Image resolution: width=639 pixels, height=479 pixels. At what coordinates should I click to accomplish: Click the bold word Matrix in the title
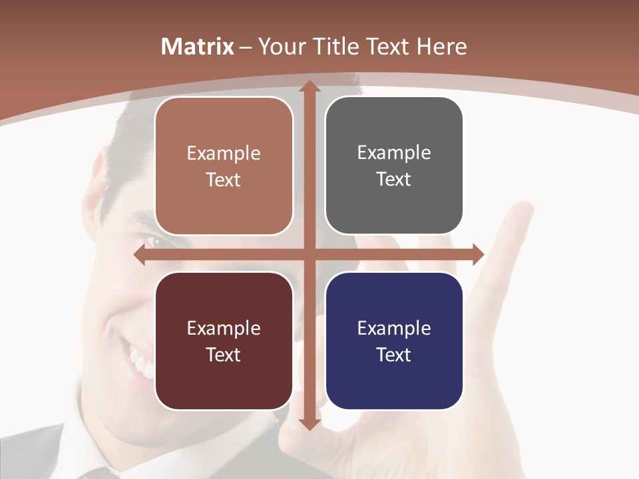point(198,47)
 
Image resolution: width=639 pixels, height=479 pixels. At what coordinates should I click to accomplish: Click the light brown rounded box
point(224,166)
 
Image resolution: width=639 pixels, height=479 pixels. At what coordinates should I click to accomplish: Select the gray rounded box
point(394,166)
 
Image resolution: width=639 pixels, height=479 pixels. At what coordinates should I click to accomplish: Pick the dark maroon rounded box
point(224,341)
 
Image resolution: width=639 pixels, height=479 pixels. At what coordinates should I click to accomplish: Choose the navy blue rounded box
point(394,341)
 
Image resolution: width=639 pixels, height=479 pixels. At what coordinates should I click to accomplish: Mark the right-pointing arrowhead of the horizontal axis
point(478,255)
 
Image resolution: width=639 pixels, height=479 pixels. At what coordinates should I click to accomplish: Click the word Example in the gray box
point(394,153)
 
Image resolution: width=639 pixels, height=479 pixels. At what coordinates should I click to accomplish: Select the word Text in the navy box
point(394,355)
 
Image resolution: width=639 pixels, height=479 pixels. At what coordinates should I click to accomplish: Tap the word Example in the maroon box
point(224,328)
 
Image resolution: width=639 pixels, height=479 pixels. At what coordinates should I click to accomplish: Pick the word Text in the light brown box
point(224,180)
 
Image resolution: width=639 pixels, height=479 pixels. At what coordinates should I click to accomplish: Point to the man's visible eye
point(148,241)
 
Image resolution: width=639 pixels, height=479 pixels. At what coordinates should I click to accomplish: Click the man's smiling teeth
point(140,363)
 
